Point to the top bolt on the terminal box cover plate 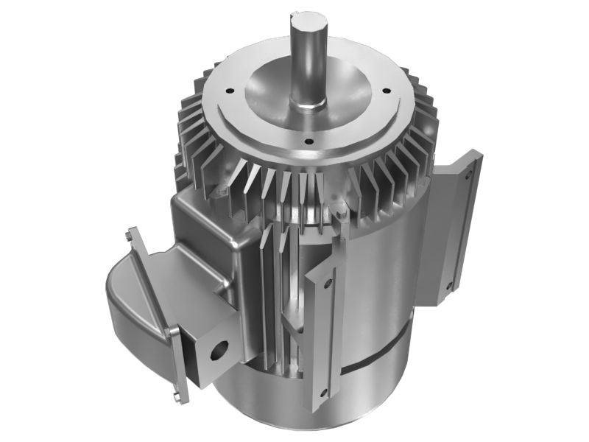click(130, 235)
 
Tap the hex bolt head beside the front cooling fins click(340, 214)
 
